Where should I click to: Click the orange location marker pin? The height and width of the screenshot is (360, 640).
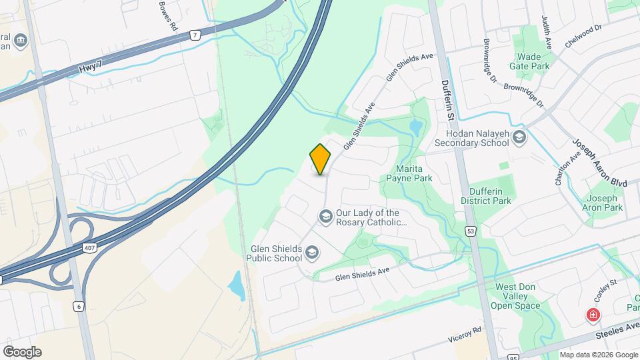(321, 159)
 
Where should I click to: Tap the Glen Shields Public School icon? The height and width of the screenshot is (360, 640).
(312, 253)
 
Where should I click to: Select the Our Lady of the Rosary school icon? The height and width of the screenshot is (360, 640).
(325, 217)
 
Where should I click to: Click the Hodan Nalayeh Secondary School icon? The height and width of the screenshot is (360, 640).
(520, 138)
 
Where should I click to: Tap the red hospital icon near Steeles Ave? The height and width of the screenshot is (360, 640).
(592, 315)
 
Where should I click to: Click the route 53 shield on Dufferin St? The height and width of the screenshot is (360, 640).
(471, 231)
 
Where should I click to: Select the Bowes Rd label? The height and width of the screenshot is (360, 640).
(167, 16)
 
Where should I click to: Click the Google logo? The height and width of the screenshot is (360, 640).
(22, 351)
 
